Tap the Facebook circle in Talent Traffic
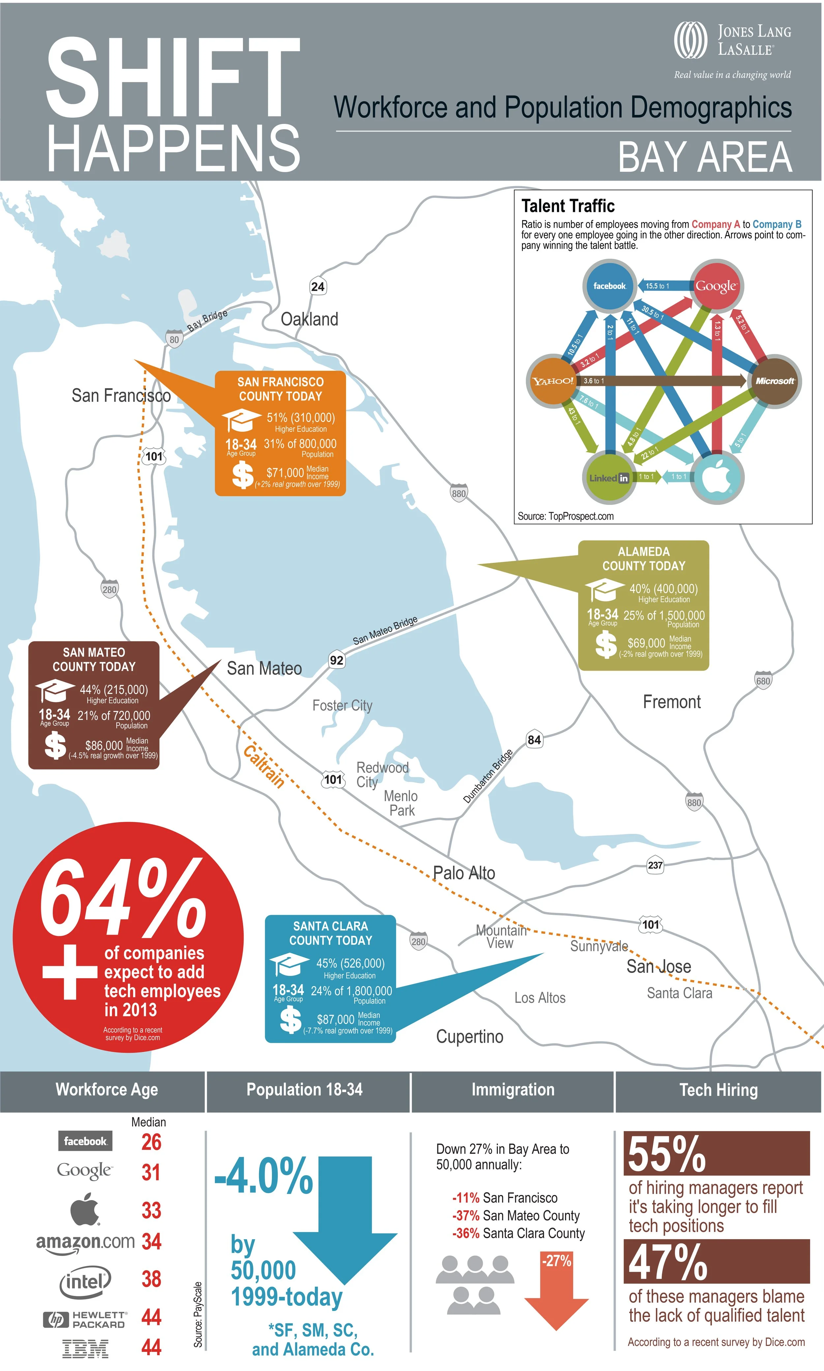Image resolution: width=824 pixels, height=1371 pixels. (x=610, y=286)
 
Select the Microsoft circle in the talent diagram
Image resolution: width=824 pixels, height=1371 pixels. (x=775, y=381)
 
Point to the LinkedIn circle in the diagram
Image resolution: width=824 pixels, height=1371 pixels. (x=609, y=477)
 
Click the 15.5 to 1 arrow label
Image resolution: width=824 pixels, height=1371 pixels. (x=658, y=286)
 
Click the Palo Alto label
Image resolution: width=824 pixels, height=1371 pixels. (x=464, y=873)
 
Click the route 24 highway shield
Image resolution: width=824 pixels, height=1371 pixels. (x=318, y=286)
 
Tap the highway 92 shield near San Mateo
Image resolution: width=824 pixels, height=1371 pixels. (x=337, y=660)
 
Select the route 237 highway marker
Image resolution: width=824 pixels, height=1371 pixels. (x=655, y=865)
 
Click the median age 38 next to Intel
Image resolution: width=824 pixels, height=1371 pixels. (x=151, y=1279)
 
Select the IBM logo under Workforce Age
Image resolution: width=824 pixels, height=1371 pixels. (x=85, y=1348)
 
